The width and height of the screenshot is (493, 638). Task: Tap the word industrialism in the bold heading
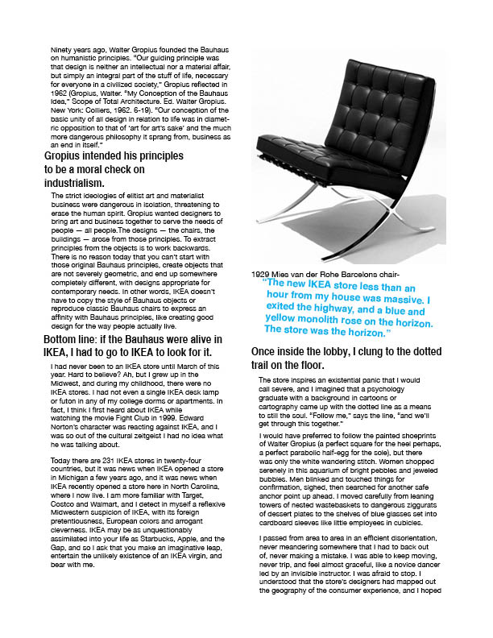click(75, 182)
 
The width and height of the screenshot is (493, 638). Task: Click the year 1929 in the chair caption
click(261, 275)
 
